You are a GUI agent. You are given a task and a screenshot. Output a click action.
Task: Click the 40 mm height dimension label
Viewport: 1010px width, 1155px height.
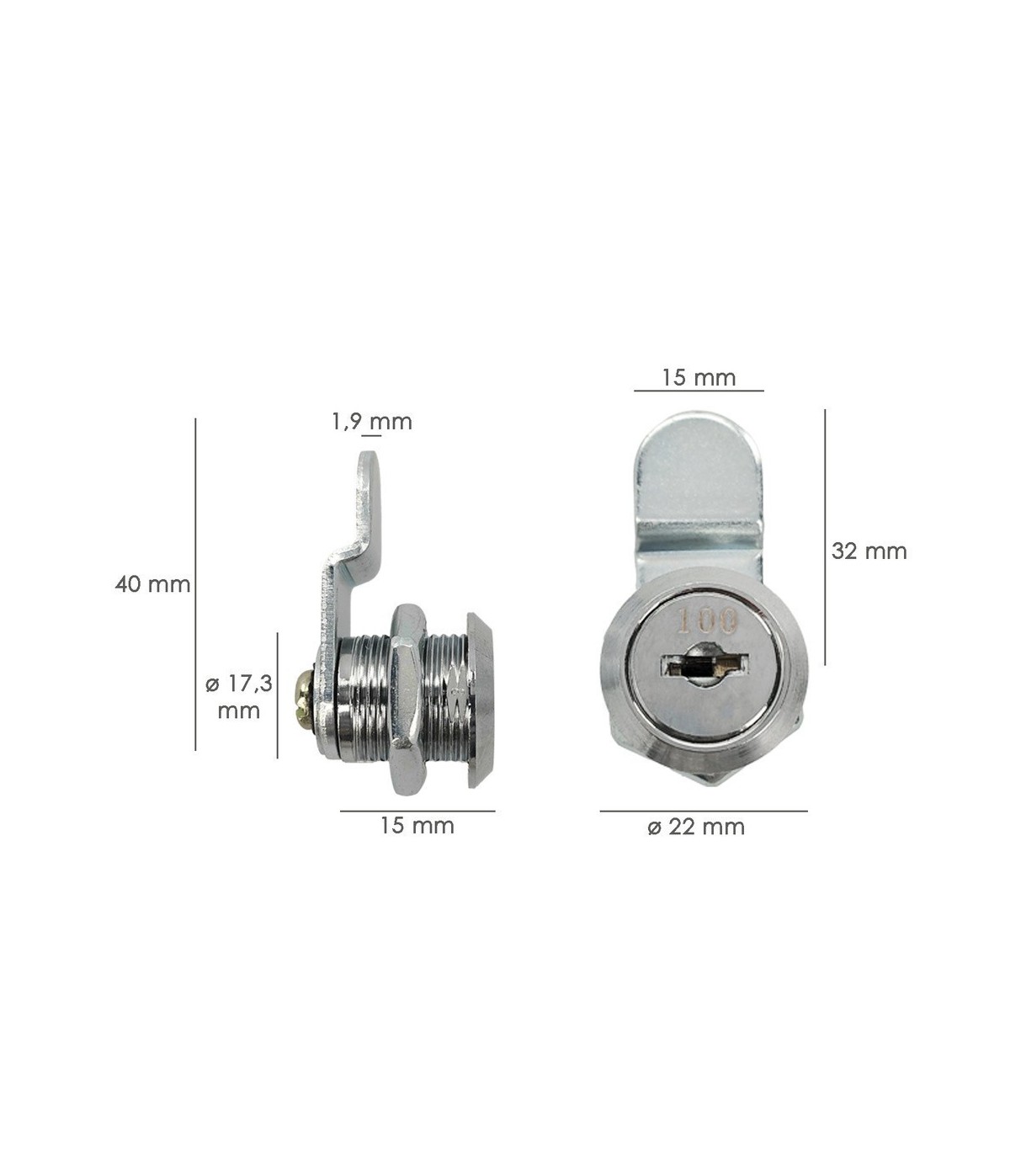pyautogui.click(x=153, y=584)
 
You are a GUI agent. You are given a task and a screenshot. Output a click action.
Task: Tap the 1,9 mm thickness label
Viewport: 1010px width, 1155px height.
pyautogui.click(x=372, y=422)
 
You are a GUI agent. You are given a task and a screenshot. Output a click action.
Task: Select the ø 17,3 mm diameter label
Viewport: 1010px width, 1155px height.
pyautogui.click(x=239, y=697)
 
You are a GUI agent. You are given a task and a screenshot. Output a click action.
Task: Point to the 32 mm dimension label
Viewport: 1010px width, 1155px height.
pyautogui.click(x=869, y=551)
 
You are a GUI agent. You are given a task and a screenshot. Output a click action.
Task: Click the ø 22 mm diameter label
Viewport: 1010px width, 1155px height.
pyautogui.click(x=696, y=827)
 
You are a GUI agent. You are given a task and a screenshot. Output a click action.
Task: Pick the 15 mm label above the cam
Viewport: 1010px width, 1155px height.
pyautogui.click(x=699, y=378)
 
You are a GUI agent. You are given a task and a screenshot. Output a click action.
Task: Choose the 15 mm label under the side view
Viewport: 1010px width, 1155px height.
pyautogui.click(x=417, y=826)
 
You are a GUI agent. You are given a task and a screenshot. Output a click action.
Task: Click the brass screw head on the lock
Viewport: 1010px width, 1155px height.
pyautogui.click(x=305, y=698)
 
